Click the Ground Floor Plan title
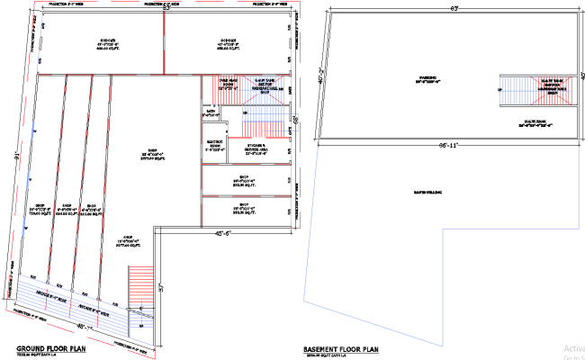tap(51, 347)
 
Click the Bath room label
tap(211, 113)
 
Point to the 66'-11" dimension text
tap(446, 145)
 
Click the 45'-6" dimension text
tap(224, 234)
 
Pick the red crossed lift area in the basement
tap(549, 91)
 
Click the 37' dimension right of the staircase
tap(162, 288)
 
